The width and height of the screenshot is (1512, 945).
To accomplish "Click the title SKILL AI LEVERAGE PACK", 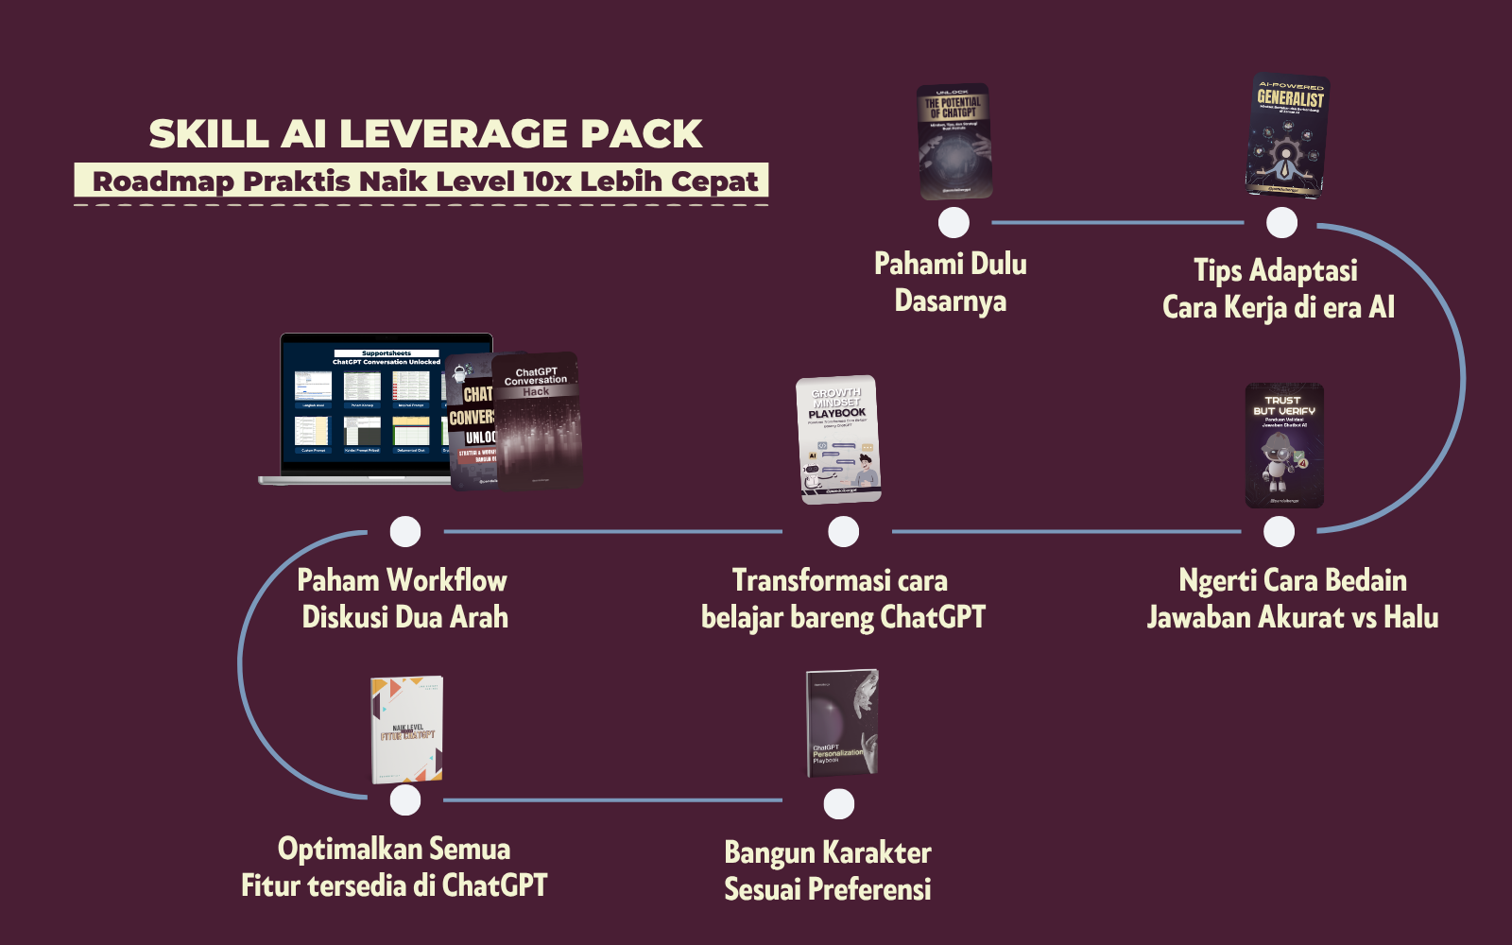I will coord(425,134).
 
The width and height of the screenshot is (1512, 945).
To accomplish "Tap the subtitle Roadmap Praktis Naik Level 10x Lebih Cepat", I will coord(425,180).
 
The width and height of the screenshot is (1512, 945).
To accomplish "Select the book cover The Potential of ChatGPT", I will coord(954,142).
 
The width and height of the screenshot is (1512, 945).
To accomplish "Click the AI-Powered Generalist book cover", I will coord(1287,135).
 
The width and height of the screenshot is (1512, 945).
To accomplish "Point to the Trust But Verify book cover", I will coord(1283,445).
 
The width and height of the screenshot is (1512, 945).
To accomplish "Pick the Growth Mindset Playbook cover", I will coord(838,439).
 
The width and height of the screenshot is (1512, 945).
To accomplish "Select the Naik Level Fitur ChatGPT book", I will coord(407,730).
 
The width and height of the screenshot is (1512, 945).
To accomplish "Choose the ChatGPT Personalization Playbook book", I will coord(841,724).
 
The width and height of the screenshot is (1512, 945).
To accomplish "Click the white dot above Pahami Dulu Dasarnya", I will coord(954,223).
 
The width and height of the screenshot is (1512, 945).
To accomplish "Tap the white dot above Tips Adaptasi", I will coord(1281,223).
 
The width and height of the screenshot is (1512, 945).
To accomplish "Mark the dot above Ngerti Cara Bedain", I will coord(1279,532).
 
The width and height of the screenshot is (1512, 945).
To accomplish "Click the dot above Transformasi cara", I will coord(843,532).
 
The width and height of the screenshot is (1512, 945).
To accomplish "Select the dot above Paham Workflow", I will coord(405,532).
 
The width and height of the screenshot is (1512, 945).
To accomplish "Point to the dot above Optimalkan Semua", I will coord(405,800).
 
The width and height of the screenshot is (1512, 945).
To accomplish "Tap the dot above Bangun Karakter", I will coord(838,804).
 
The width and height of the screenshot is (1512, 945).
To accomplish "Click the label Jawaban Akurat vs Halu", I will coord(1292,618).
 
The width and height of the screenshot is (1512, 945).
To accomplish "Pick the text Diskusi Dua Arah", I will coord(404,618).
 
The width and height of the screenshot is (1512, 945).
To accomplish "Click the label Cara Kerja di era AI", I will coord(1278,308).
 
